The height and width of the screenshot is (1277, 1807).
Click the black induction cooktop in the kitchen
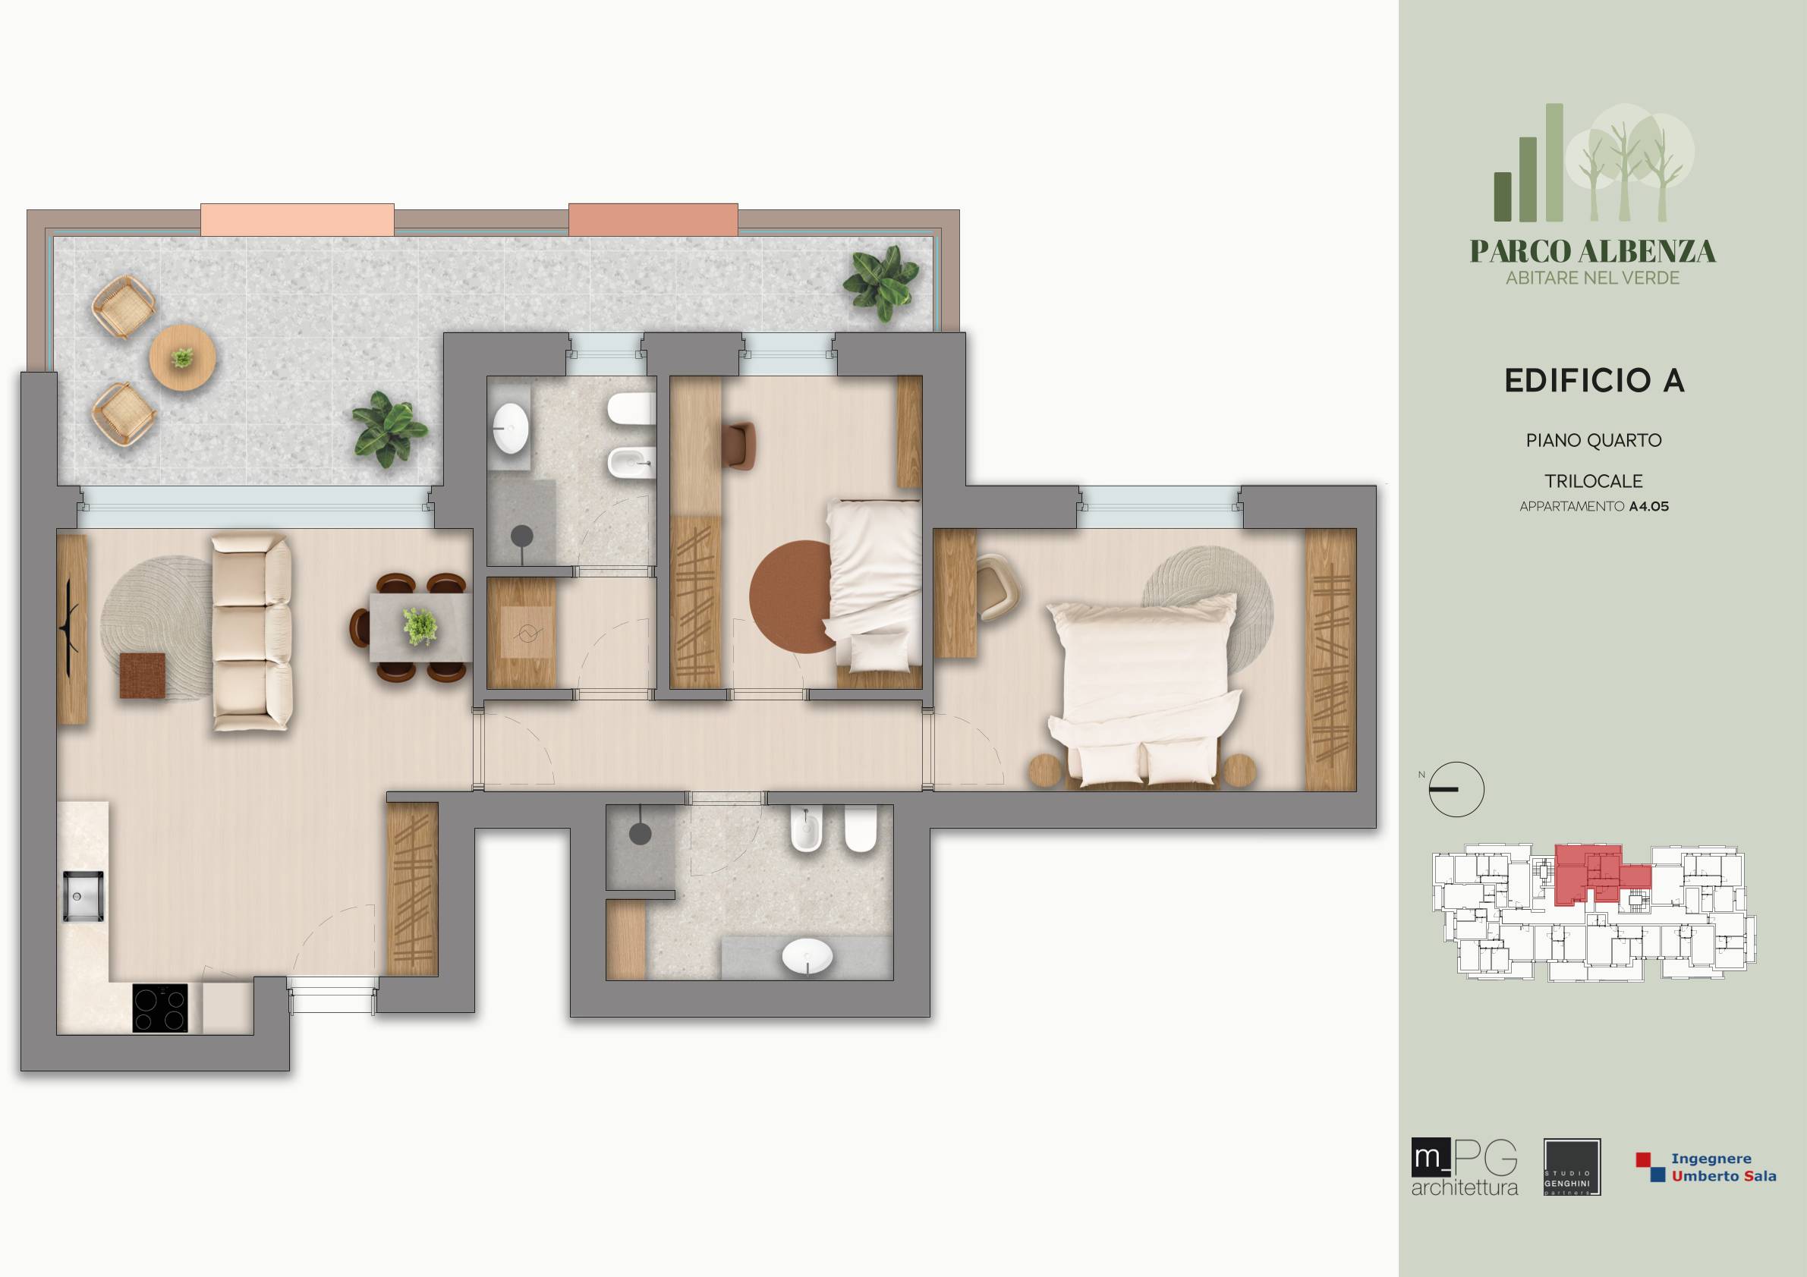pyautogui.click(x=161, y=1008)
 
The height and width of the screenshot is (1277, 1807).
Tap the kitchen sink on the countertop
pyautogui.click(x=83, y=895)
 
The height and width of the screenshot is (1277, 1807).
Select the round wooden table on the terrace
pyautogui.click(x=183, y=357)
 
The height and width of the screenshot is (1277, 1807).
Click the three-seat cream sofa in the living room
pyautogui.click(x=253, y=634)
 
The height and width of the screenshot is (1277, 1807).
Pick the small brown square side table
pyautogui.click(x=143, y=675)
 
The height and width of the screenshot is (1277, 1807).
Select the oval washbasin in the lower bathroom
pyautogui.click(x=807, y=958)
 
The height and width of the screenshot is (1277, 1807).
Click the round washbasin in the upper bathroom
pyautogui.click(x=511, y=428)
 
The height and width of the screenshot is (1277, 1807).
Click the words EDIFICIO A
pyautogui.click(x=1594, y=381)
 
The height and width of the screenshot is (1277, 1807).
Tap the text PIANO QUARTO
pyautogui.click(x=1594, y=441)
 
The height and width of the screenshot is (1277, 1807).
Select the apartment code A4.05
pyautogui.click(x=1649, y=507)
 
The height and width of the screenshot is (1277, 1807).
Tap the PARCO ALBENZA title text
pyautogui.click(x=1593, y=251)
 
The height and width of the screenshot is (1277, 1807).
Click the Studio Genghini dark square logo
pyautogui.click(x=1572, y=1168)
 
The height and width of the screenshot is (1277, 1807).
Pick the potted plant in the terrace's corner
pyautogui.click(x=881, y=283)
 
